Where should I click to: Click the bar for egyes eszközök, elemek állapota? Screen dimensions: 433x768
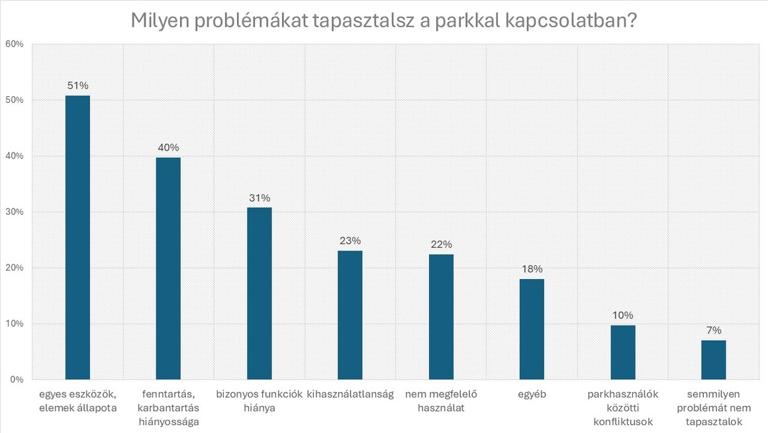tap(77, 237)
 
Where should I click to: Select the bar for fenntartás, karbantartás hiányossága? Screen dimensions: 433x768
tap(168, 269)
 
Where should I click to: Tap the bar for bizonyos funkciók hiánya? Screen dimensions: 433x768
tap(259, 293)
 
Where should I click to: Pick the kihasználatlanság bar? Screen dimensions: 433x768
tap(350, 315)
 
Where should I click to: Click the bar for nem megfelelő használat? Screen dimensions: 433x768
tap(441, 317)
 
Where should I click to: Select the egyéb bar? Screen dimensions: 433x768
tap(532, 329)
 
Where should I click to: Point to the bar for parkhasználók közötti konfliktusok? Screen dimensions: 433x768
tap(622, 352)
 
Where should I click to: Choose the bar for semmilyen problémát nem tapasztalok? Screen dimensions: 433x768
tap(714, 359)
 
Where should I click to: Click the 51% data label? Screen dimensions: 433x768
tap(77, 86)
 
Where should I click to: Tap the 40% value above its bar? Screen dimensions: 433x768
tap(168, 147)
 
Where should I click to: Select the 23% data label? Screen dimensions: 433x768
tap(350, 241)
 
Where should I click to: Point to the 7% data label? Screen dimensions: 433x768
tap(714, 330)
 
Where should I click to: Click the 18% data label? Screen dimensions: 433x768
tap(532, 269)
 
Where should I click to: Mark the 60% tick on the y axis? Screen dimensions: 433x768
tap(14, 44)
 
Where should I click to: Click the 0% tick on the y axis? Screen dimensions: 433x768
tap(17, 380)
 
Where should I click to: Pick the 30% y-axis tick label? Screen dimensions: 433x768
tap(14, 212)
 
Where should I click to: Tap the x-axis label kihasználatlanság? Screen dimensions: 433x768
tap(350, 395)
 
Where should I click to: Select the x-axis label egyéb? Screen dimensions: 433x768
tap(532, 395)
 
